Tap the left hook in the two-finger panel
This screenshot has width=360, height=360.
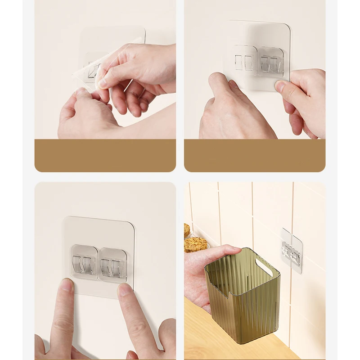pos(84,263)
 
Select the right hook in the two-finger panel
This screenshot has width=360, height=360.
pos(112,265)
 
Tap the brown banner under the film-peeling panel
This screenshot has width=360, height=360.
pos(105,155)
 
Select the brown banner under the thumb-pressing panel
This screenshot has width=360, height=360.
pos(254,155)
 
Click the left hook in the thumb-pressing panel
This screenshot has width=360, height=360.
pos(244,61)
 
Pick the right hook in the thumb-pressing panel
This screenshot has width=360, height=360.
pos(270,62)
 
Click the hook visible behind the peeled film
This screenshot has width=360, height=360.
pos(93,70)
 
